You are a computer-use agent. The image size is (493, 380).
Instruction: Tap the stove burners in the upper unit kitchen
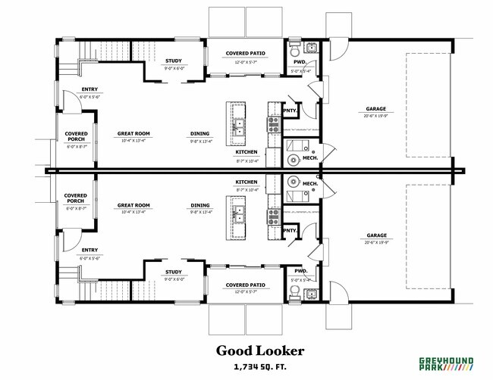(273, 125)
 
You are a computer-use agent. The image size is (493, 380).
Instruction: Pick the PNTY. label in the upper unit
(290, 110)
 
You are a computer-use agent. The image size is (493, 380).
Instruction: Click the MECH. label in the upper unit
(310, 158)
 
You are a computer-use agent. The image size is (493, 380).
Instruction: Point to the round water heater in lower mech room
(294, 183)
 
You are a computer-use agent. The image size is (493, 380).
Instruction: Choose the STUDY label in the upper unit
(174, 61)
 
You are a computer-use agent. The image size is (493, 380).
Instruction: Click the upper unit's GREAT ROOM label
(133, 133)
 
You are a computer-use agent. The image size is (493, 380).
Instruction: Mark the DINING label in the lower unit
(200, 205)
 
